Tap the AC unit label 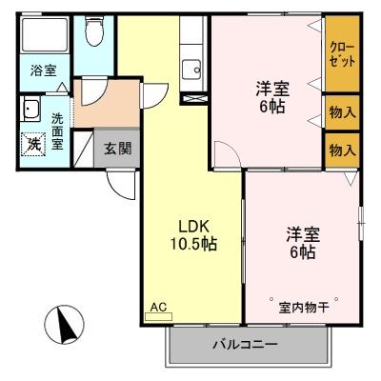pos(158,308)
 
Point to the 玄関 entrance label pos(117,148)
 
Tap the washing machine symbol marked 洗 pos(31,144)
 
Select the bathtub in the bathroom pos(43,38)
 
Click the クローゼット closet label pos(342,53)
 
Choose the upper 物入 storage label pos(342,112)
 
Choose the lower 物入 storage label pos(342,150)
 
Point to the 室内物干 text pos(303,307)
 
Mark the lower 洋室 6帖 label pos(300,243)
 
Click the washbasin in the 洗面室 pos(30,108)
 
